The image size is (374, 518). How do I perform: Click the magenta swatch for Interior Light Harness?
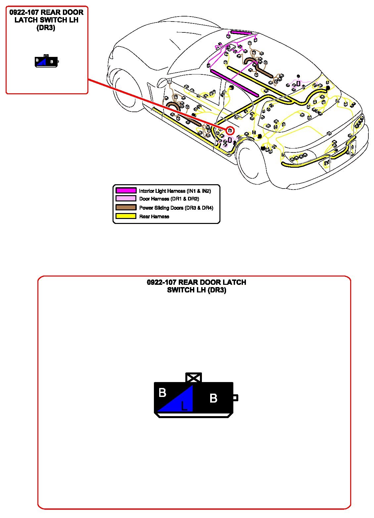coord(126,191)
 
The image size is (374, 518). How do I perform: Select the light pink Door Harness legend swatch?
coord(126,198)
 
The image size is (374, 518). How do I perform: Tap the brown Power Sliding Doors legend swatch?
coord(126,207)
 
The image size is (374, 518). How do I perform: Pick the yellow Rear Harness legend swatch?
coord(126,216)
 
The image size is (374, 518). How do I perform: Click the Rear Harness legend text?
coord(154,217)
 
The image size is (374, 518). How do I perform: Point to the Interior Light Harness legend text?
coord(175,191)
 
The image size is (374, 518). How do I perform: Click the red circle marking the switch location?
coord(230,130)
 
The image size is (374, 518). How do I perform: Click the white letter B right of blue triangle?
coord(213,398)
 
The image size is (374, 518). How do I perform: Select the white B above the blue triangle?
coord(162,393)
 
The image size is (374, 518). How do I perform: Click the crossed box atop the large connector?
coord(194,377)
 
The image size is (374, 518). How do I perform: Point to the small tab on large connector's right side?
coord(235,398)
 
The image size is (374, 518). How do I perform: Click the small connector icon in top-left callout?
coord(47,61)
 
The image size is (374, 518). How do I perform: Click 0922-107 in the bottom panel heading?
coord(161,282)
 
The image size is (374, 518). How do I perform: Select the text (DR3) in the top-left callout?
coord(46,28)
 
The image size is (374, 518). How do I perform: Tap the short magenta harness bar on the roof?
coord(241,33)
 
